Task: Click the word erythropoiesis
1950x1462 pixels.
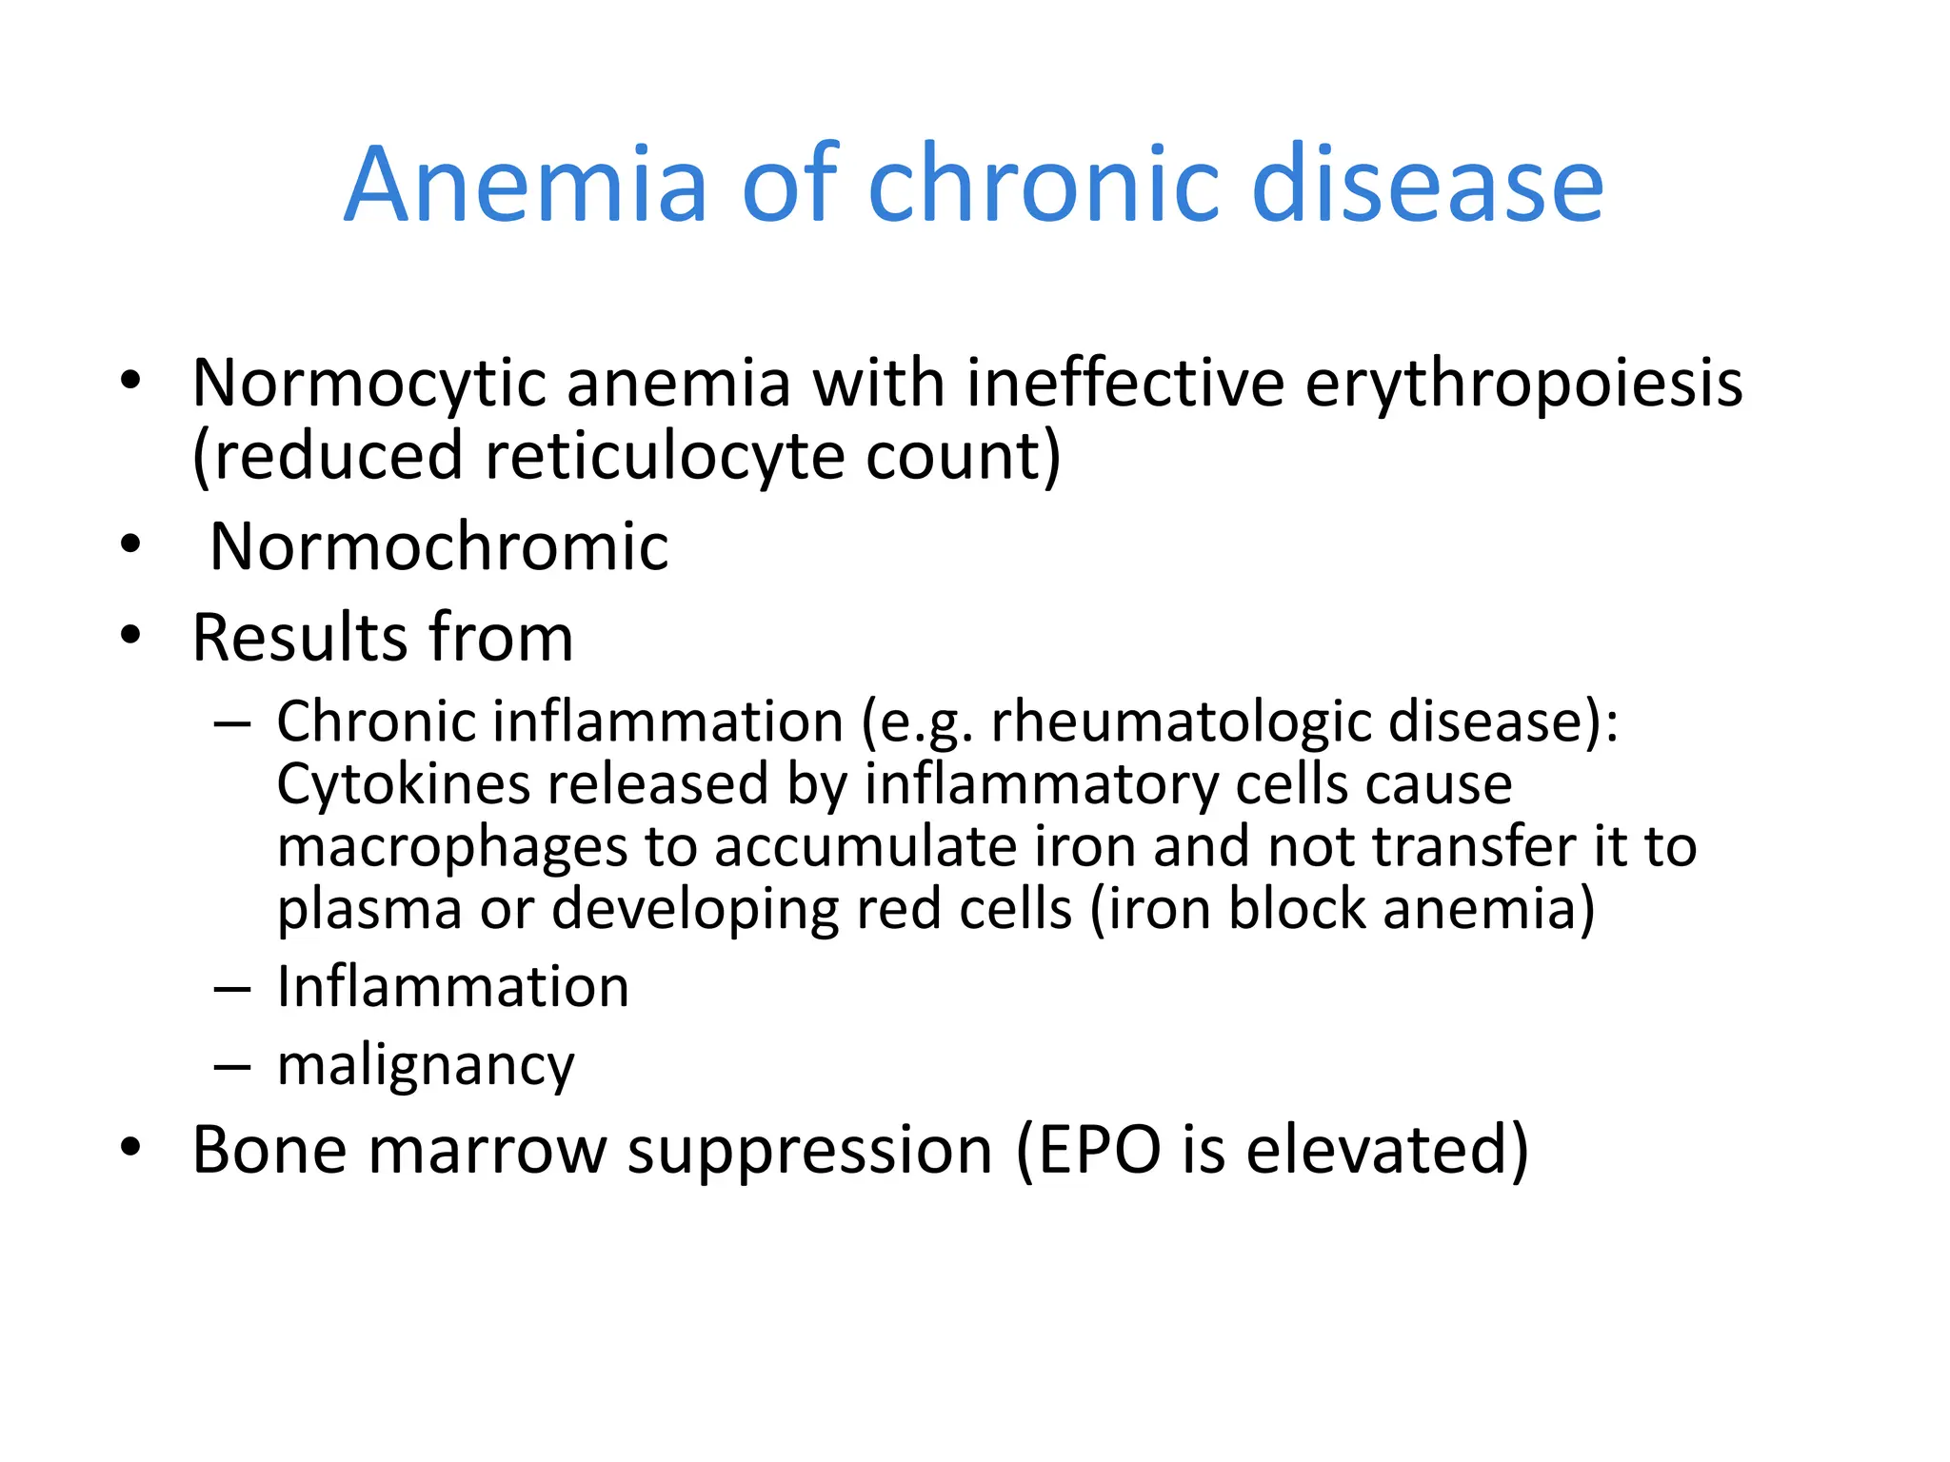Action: click(1523, 384)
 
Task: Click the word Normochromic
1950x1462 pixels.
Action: click(439, 546)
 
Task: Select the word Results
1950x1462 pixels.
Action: click(301, 637)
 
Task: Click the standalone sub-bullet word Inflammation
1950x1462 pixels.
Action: click(452, 986)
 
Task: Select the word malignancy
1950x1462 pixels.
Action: click(426, 1065)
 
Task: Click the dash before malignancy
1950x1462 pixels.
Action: click(231, 1067)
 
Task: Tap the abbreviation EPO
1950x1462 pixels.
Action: click(1099, 1150)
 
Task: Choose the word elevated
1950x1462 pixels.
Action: click(1385, 1150)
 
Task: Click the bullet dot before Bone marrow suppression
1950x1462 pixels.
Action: click(130, 1148)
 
